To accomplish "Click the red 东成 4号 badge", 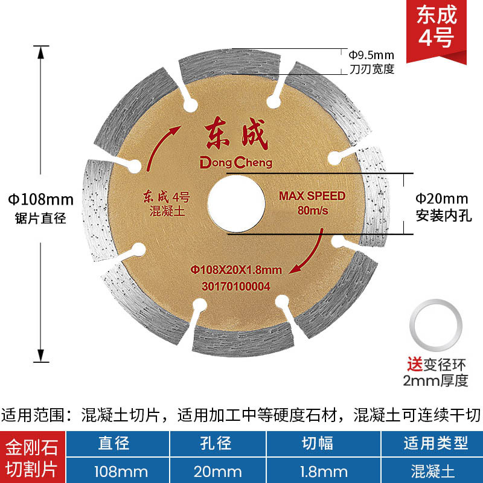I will pyautogui.click(x=444, y=27).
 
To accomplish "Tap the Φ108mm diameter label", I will pyautogui.click(x=40, y=199).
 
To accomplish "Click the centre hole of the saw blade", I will pyautogui.click(x=236, y=202).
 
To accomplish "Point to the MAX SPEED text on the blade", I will pyautogui.click(x=312, y=196).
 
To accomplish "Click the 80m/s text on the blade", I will pyautogui.click(x=312, y=211).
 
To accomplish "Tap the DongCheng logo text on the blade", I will pyautogui.click(x=236, y=162).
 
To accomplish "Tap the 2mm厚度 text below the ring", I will pyautogui.click(x=437, y=380).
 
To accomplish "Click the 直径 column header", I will pyautogui.click(x=114, y=444).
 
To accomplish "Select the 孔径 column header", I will pyautogui.click(x=216, y=444).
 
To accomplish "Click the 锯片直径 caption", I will pyautogui.click(x=40, y=219).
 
